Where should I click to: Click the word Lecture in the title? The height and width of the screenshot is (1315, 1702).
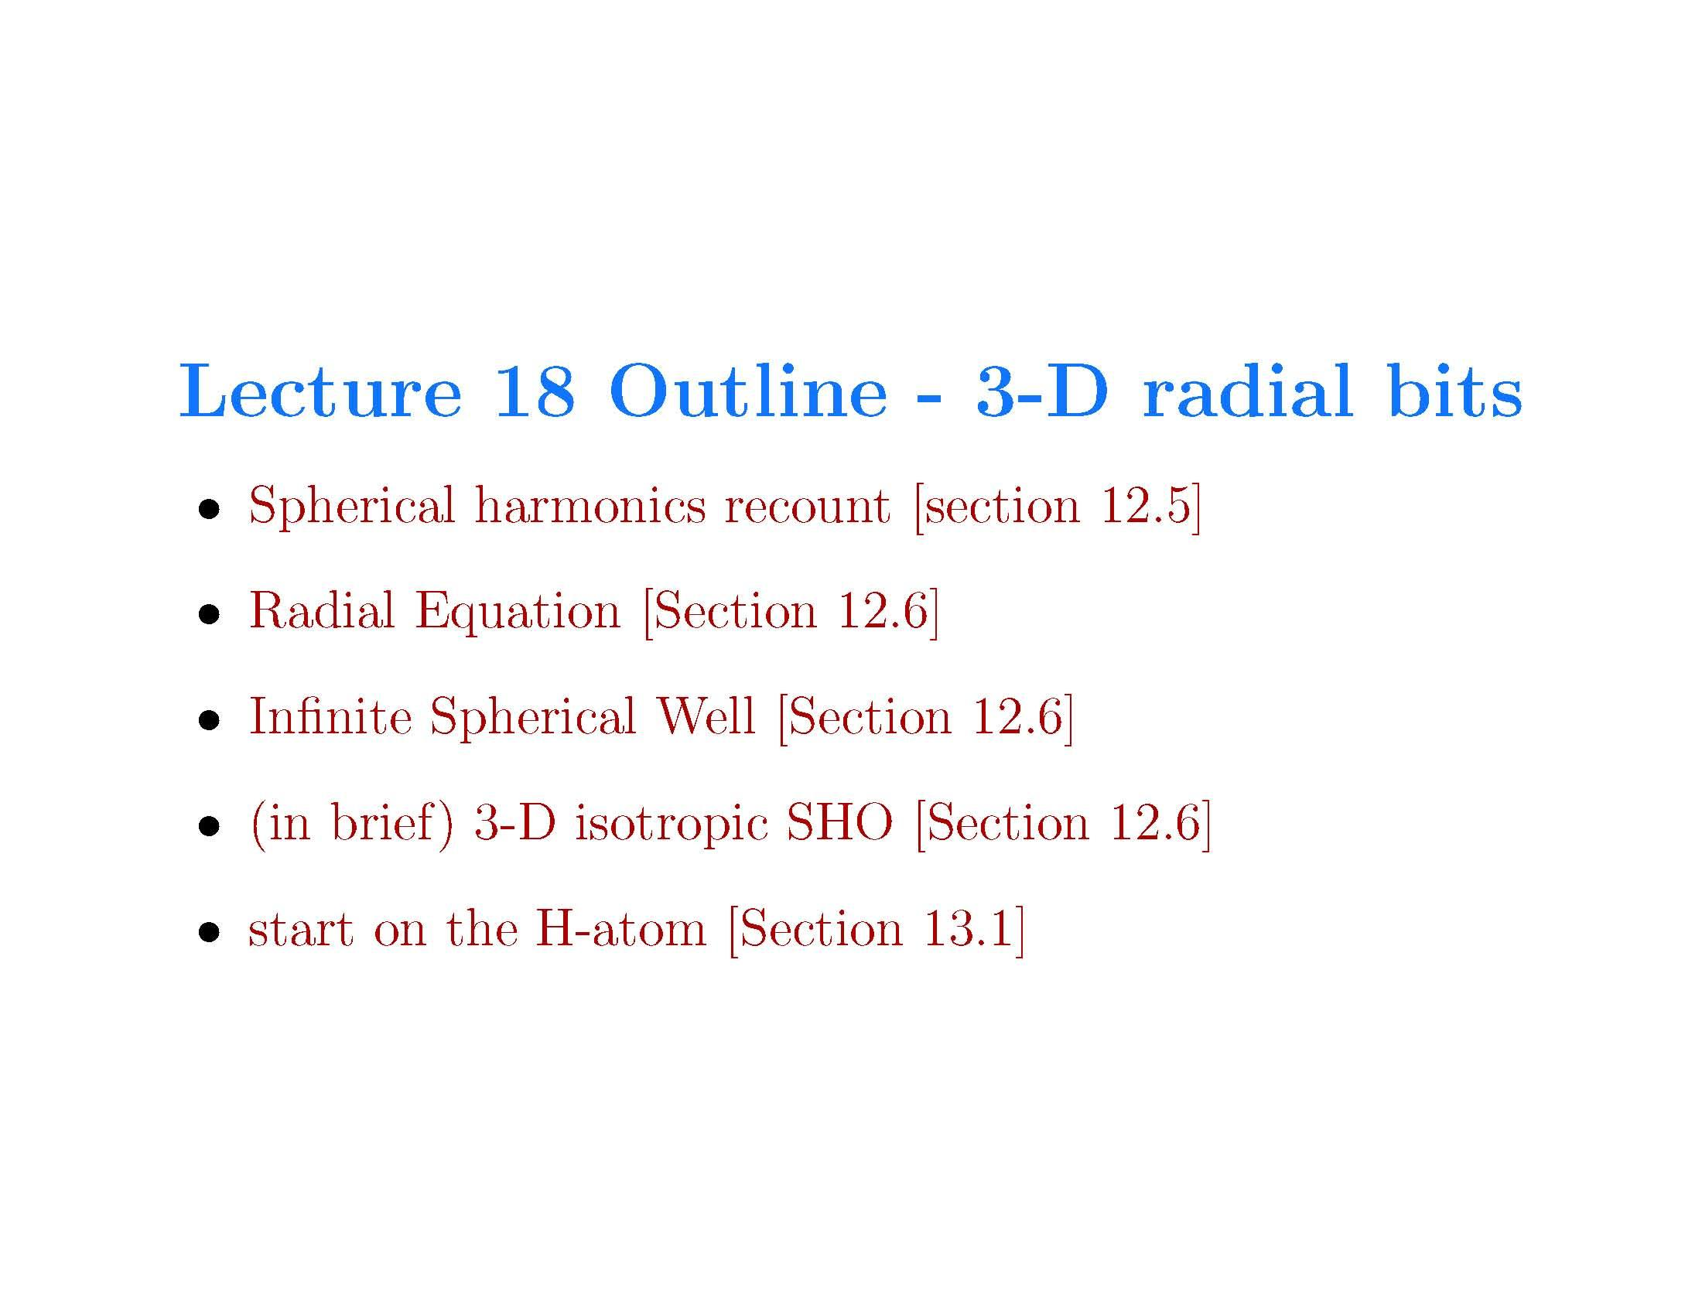pos(320,391)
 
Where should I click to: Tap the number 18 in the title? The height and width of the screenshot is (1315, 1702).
pos(535,391)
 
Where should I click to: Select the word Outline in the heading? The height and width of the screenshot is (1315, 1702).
pos(747,391)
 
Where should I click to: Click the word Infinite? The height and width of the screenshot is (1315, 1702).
pos(330,717)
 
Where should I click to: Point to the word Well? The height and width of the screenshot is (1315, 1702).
pos(706,717)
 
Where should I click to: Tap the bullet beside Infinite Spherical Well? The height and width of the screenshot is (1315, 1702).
pos(208,722)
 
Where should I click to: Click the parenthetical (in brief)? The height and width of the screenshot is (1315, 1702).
pos(351,824)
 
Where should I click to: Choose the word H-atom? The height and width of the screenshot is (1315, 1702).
pos(620,929)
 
